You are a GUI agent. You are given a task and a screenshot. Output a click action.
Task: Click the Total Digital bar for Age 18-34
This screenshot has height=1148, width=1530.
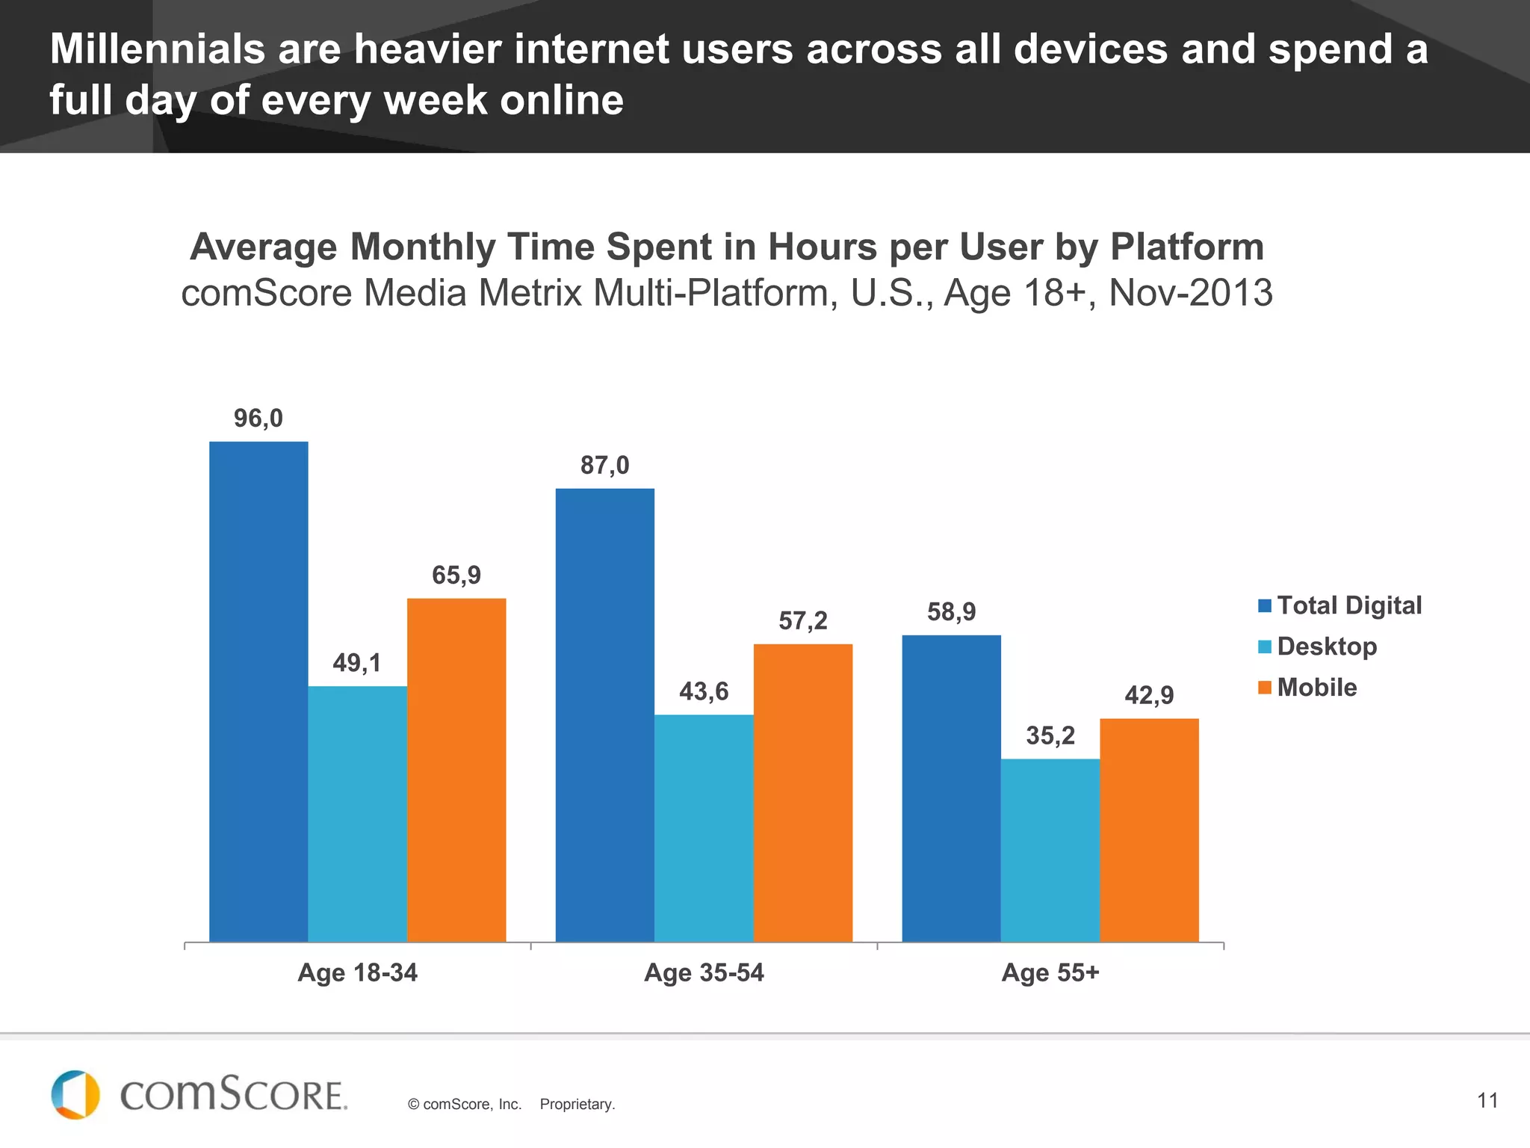pos(258,691)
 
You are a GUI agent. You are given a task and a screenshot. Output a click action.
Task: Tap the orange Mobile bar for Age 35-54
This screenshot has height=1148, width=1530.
pos(802,792)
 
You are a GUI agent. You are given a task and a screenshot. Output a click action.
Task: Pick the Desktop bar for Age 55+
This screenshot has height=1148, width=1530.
pos(1050,850)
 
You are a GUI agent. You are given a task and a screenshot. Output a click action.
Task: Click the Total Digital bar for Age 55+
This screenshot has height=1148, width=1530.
pos(951,788)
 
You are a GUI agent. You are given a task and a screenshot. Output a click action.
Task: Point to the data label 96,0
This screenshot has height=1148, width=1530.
pos(258,419)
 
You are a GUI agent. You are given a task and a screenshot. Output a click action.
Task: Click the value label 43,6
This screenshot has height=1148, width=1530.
pos(703,691)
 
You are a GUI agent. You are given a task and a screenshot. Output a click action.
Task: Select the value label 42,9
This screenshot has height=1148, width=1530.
pos(1149,696)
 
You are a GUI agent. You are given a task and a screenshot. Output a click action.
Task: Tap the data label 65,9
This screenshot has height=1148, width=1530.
pos(456,575)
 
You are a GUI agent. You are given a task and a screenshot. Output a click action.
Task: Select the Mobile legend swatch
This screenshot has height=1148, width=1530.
pos(1264,688)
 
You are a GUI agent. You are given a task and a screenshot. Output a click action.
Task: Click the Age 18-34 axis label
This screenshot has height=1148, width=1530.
pos(357,972)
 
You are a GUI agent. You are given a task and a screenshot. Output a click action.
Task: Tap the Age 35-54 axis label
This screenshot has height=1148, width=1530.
pos(704,972)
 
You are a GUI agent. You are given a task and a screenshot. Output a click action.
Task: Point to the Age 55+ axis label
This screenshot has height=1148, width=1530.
pos(1050,972)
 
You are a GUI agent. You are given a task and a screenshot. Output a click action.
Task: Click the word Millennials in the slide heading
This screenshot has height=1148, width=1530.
pos(157,49)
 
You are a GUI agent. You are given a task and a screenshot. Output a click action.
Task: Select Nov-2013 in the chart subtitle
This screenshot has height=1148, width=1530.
pos(1190,292)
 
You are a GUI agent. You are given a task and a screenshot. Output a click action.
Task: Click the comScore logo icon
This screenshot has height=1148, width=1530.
pos(75,1094)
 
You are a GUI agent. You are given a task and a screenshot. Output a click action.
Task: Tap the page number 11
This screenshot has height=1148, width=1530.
pos(1487,1100)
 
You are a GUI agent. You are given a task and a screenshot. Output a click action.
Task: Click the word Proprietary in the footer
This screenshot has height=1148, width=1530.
pos(577,1105)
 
